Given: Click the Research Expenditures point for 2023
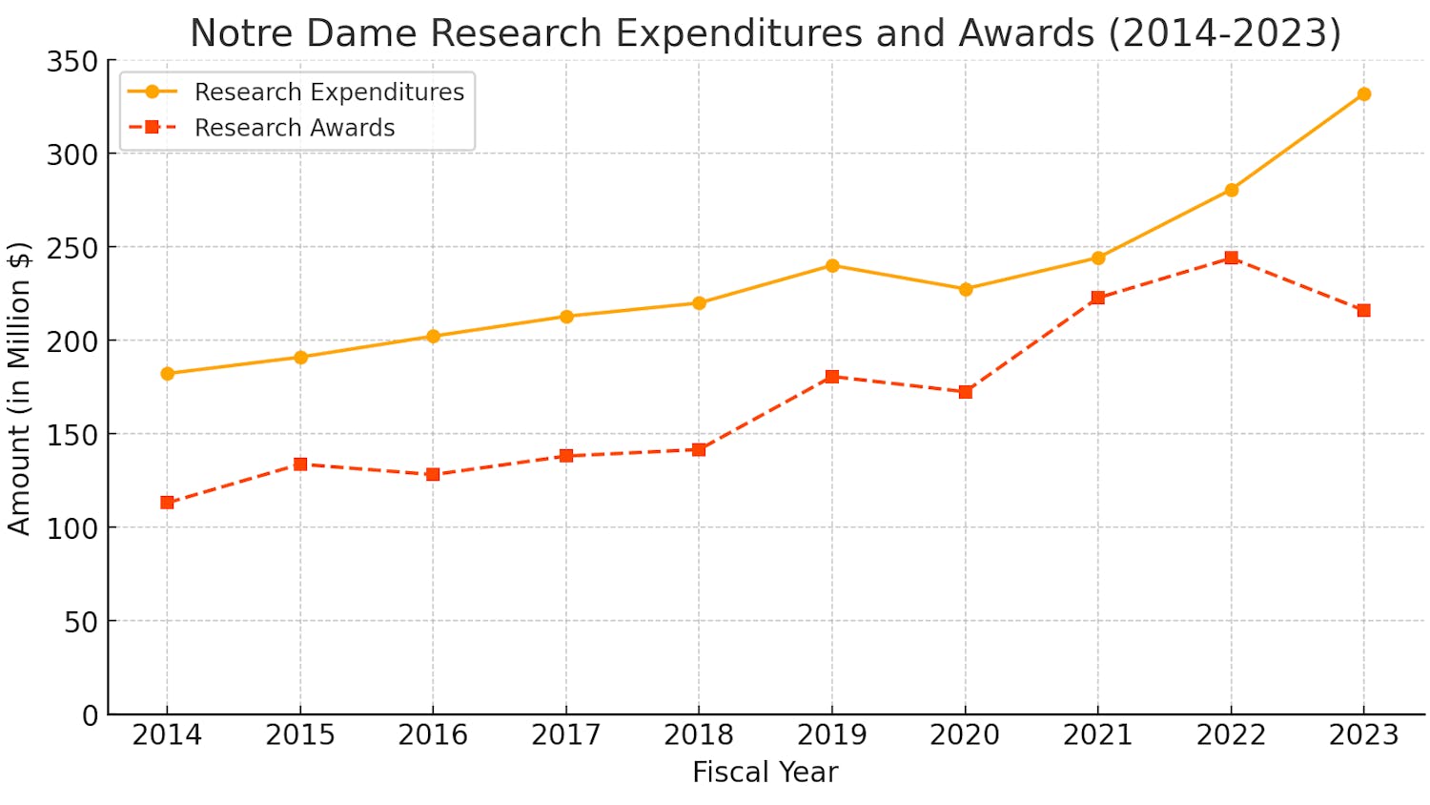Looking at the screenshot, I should pos(1363,94).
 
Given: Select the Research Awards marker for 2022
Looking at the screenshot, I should pos(1231,258).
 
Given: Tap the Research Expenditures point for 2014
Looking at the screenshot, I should pos(168,374).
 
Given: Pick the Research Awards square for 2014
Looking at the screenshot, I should pos(168,503).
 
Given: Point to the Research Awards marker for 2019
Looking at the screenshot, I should pos(832,377).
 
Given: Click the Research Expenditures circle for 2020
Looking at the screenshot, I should pos(965,289).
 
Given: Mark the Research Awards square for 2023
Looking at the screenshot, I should pos(1363,311).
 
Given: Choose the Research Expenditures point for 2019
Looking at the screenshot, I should pos(832,265).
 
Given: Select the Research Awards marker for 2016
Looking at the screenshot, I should pos(433,474).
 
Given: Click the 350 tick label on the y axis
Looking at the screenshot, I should pos(72,62).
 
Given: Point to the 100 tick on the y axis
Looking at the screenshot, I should pos(72,528).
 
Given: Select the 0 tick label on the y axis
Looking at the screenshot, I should pos(90,715).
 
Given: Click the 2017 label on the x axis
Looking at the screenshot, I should pos(566,735).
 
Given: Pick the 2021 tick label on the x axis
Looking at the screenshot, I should pos(1097,735).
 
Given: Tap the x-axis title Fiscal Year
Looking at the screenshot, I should pos(765,773).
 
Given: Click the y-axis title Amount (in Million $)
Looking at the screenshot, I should pos(20,388).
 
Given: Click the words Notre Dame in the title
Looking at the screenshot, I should pos(303,33).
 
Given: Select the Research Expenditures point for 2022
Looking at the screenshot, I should pos(1231,190).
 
